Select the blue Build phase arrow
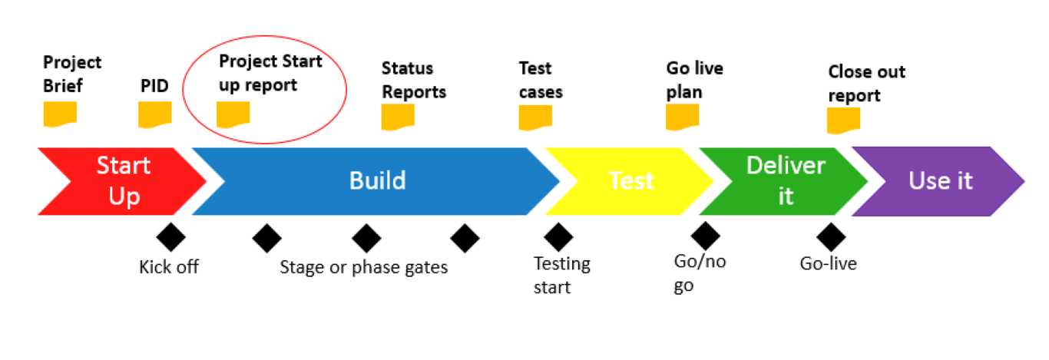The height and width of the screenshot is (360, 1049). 376,182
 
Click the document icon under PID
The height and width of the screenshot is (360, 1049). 154,114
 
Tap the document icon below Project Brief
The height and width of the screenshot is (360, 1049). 59,114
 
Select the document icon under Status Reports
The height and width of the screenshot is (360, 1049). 398,117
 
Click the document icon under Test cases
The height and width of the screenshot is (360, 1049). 535,117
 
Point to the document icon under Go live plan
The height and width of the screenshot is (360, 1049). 682,116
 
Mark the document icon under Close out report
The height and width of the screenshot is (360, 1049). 843,120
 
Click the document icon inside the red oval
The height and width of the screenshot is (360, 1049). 233,114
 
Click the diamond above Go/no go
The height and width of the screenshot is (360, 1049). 704,236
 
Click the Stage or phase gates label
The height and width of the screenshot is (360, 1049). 363,267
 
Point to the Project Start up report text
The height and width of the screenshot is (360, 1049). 270,73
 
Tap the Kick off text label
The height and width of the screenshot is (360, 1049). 169,267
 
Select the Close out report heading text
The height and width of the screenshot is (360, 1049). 865,84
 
